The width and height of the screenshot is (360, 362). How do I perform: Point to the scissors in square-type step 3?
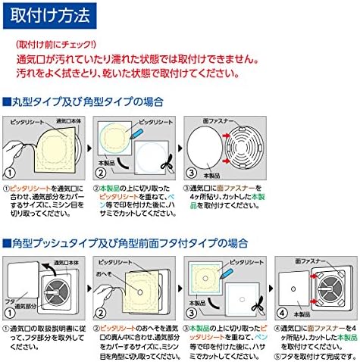(x=256, y=309)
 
